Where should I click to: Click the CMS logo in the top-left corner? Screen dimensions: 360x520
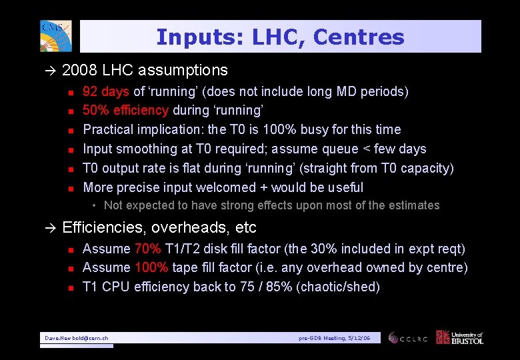point(55,36)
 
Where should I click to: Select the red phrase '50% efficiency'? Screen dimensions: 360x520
point(126,110)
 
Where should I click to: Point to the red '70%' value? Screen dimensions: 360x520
point(147,249)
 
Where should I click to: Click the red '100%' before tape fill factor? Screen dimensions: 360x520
point(151,267)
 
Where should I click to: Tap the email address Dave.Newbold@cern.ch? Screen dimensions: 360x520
point(77,339)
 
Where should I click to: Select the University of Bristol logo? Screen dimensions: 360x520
point(459,337)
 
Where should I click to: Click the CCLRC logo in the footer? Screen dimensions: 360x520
point(408,338)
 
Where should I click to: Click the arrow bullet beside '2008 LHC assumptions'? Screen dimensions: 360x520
point(52,71)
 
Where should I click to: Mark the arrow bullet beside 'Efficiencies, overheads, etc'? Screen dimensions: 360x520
point(52,228)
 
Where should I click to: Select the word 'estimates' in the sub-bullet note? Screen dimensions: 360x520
point(415,205)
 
